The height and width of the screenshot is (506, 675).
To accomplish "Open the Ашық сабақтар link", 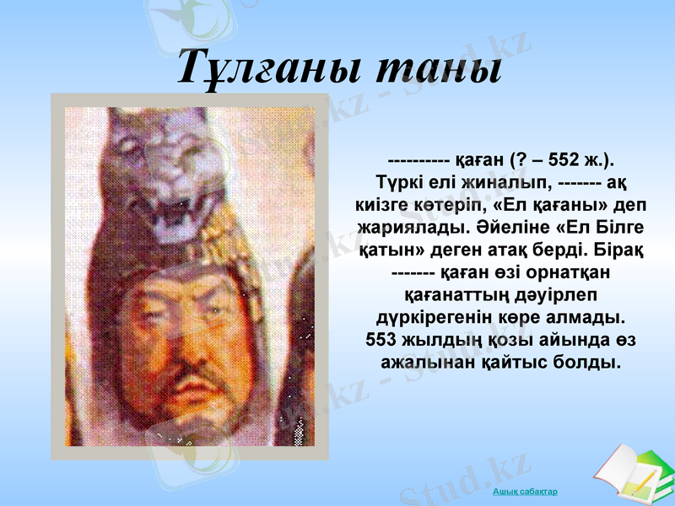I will [x=525, y=492].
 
